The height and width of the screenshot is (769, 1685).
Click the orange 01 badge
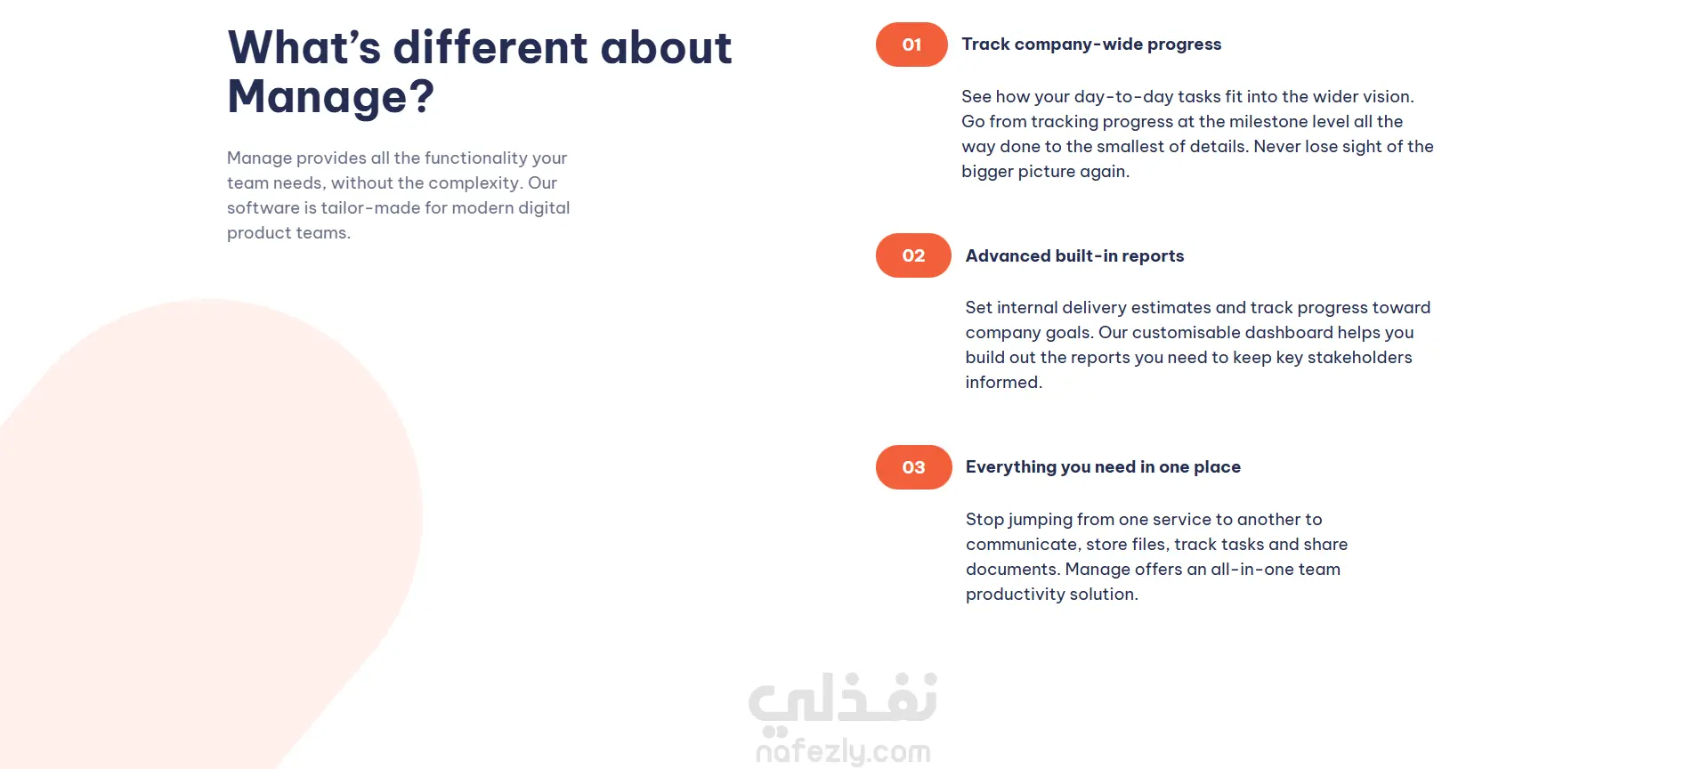[x=911, y=45]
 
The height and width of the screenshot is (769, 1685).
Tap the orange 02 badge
[x=913, y=255]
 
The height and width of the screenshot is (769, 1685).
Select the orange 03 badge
[x=913, y=467]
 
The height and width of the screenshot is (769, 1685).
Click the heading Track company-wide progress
[x=1091, y=45]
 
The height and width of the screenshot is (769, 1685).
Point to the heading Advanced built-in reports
[x=1074, y=256]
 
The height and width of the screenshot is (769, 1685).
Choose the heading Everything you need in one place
[x=1103, y=467]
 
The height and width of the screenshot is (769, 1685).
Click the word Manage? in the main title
[x=331, y=97]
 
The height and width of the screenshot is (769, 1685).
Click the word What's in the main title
[x=304, y=47]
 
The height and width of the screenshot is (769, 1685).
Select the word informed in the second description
[x=1003, y=382]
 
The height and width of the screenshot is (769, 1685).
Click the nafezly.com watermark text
[x=843, y=752]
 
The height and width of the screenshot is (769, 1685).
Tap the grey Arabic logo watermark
[x=843, y=699]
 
